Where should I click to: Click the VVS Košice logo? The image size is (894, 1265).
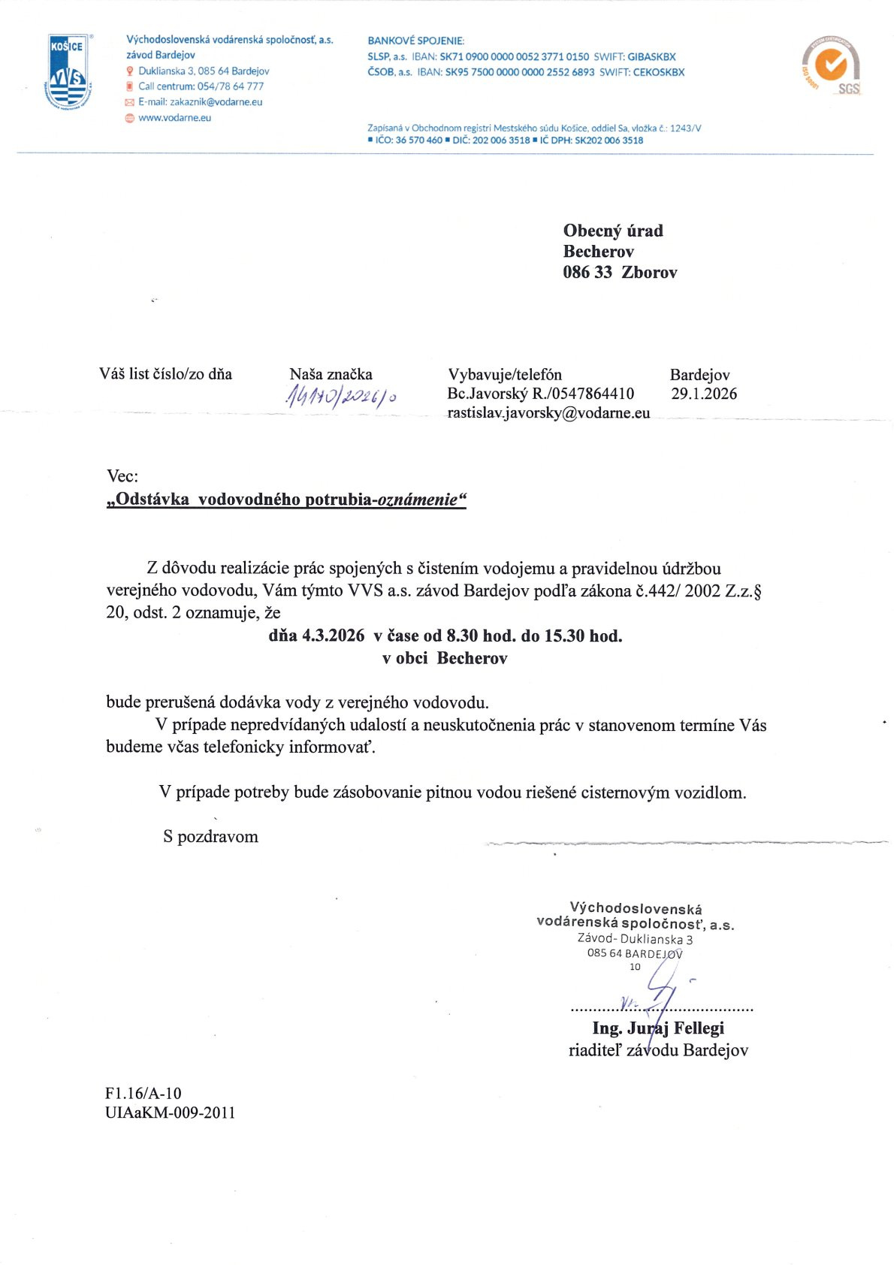tap(68, 72)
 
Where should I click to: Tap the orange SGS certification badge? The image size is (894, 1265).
tap(831, 65)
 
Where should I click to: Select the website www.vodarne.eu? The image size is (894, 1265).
tap(174, 118)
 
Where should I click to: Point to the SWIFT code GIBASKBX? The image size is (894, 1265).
tap(651, 57)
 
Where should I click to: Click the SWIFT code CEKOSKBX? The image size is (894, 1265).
tap(659, 73)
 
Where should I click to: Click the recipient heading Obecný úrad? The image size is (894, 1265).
tap(613, 231)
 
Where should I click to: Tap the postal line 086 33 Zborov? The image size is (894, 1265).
tap(620, 273)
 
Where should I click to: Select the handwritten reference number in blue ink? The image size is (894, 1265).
tap(340, 397)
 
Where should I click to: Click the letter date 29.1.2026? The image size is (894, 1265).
tap(704, 394)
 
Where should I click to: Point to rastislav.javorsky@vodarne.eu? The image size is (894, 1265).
tap(548, 412)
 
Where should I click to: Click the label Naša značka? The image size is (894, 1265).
tap(331, 374)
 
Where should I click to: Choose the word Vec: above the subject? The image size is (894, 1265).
tap(122, 476)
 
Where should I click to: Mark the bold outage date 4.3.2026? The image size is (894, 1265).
tap(334, 636)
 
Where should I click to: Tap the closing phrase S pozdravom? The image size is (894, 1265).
tap(210, 837)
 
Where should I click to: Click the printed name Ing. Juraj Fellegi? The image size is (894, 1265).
tap(658, 1028)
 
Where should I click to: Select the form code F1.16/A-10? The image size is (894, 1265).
tap(143, 1093)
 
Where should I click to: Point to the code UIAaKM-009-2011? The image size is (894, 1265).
tap(171, 1113)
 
